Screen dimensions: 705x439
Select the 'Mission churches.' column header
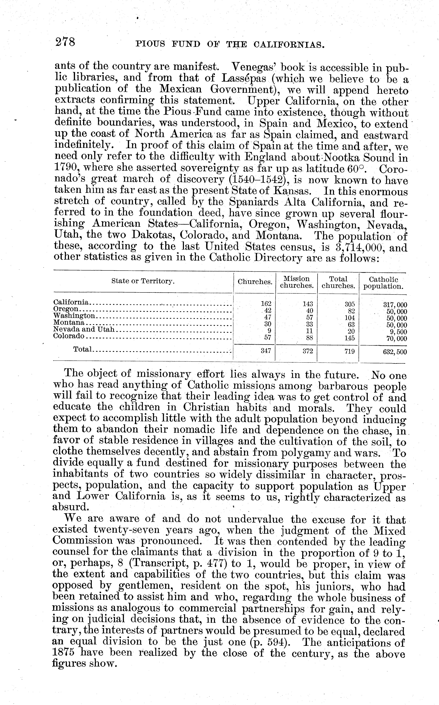tap(296, 282)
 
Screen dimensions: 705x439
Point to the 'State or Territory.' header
tap(143, 281)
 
